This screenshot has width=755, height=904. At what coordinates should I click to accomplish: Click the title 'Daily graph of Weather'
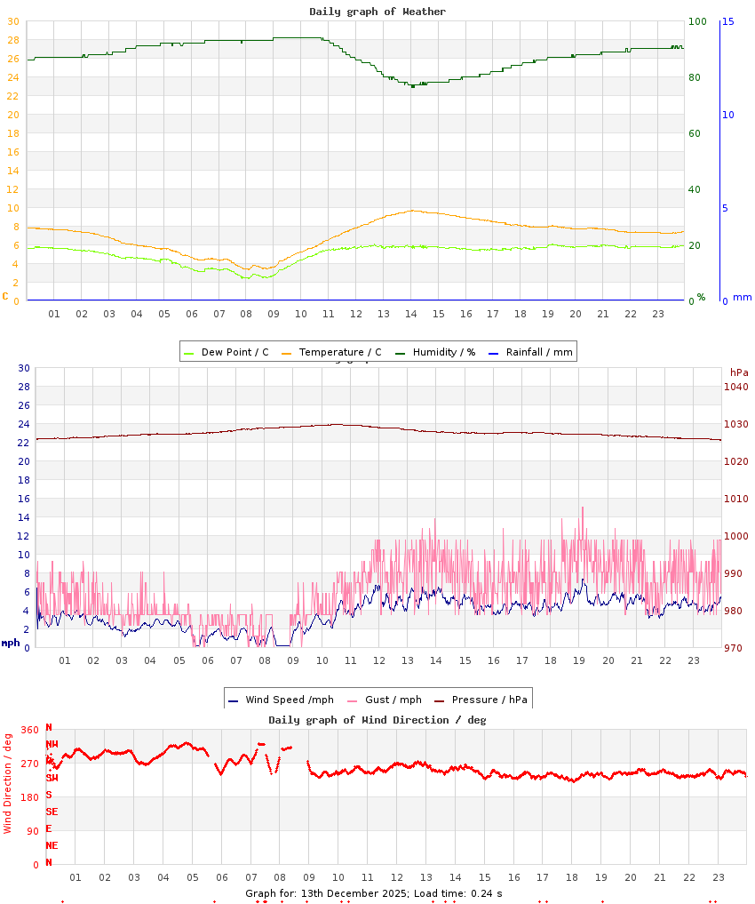pyautogui.click(x=377, y=12)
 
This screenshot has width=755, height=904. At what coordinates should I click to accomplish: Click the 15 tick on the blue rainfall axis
pyautogui.click(x=727, y=21)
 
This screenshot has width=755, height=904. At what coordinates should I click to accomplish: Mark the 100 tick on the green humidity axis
pyautogui.click(x=697, y=21)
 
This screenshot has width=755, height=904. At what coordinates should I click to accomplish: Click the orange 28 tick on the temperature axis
pyautogui.click(x=12, y=40)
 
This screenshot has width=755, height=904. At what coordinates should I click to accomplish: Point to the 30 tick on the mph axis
pyautogui.click(x=24, y=368)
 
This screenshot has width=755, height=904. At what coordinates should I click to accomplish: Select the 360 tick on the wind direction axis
pyautogui.click(x=30, y=730)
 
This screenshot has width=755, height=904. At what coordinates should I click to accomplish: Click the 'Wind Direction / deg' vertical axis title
pyautogui.click(x=8, y=783)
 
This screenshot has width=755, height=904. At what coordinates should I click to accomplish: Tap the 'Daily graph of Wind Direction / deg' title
pyautogui.click(x=377, y=720)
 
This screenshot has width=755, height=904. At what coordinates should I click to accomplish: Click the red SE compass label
pyautogui.click(x=52, y=812)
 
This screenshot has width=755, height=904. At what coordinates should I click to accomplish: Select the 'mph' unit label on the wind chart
pyautogui.click(x=11, y=642)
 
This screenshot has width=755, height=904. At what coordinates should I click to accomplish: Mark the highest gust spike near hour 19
pyautogui.click(x=583, y=508)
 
